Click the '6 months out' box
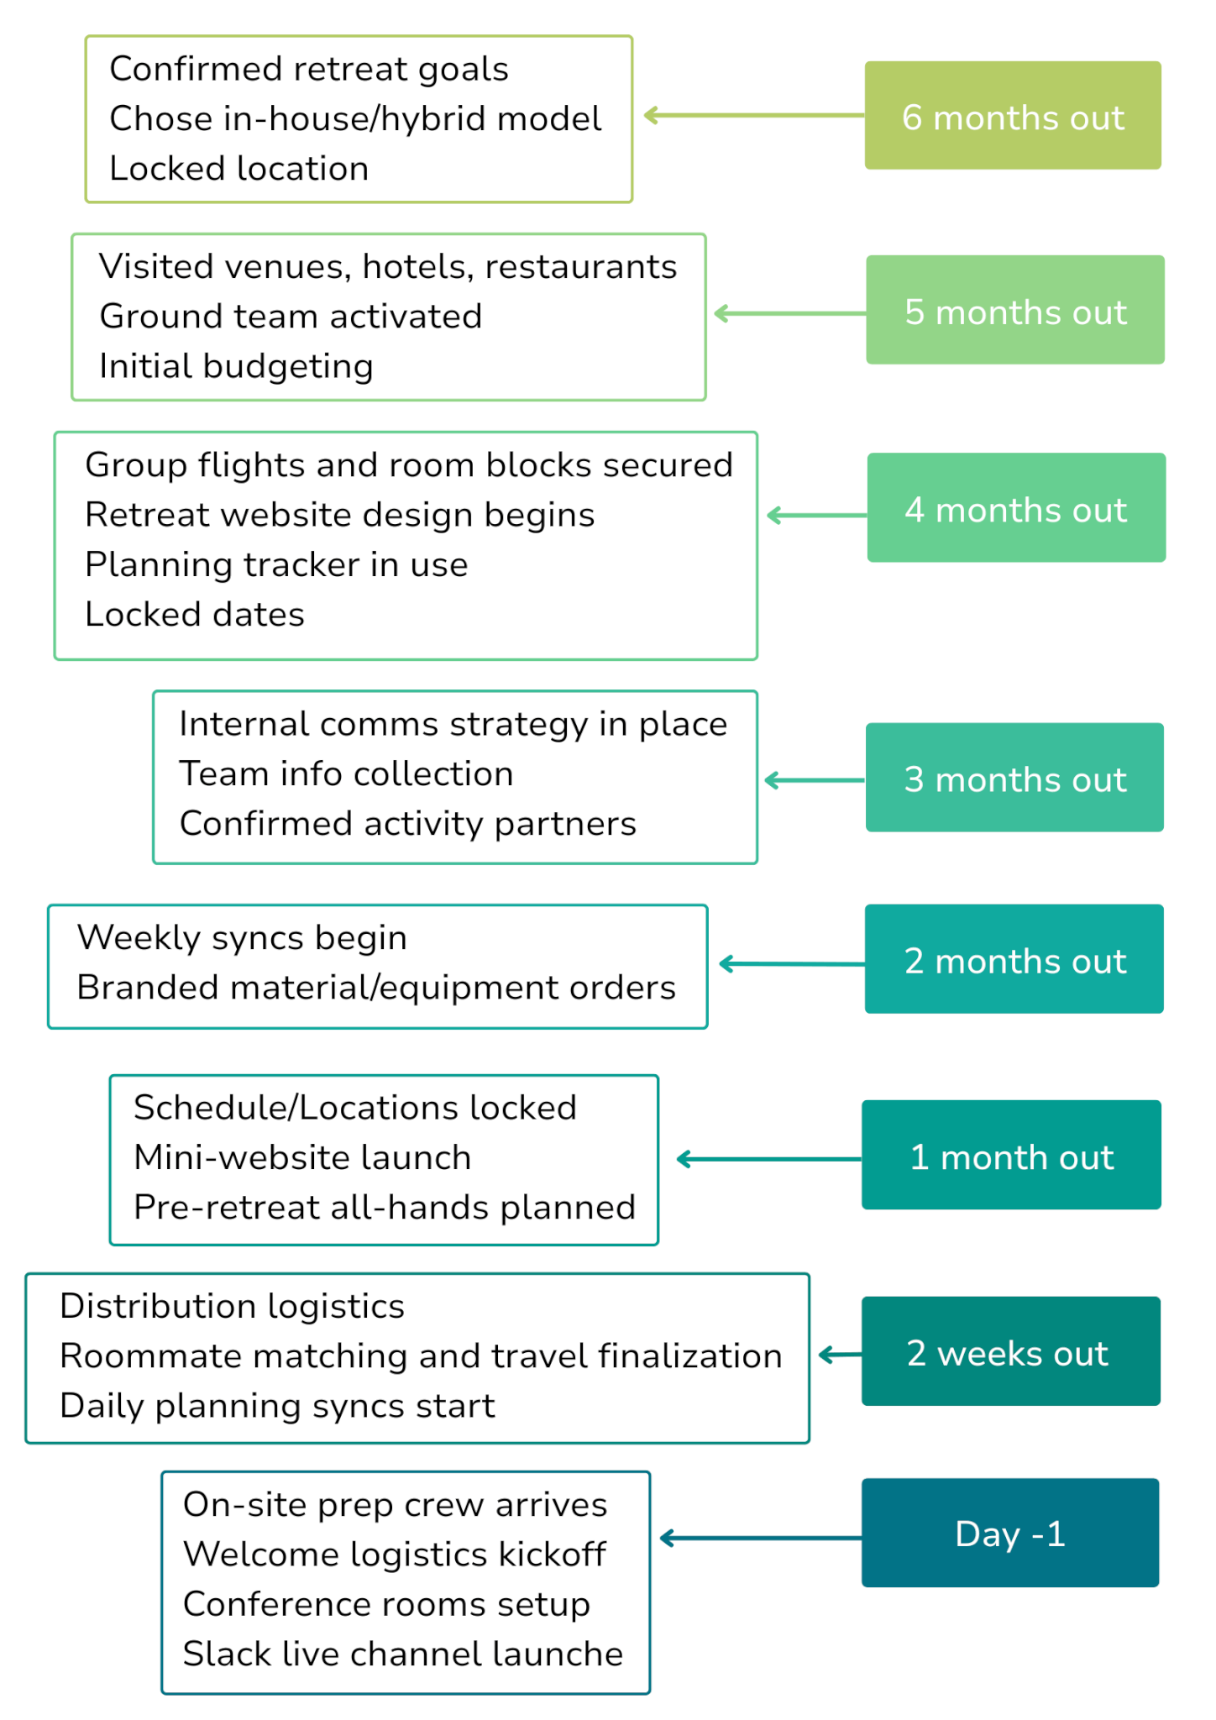pyautogui.click(x=1013, y=115)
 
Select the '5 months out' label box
pyautogui.click(x=1015, y=310)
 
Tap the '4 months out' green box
pyautogui.click(x=1016, y=507)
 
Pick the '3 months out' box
pyautogui.click(x=1014, y=778)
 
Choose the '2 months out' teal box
pyautogui.click(x=1014, y=959)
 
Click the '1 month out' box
pyautogui.click(x=1011, y=1155)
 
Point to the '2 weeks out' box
pyautogui.click(x=1011, y=1351)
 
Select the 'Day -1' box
pyautogui.click(x=1010, y=1533)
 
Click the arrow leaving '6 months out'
pyautogui.click(x=754, y=115)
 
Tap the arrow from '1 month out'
pyautogui.click(x=769, y=1160)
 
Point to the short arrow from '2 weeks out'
pyautogui.click(x=840, y=1354)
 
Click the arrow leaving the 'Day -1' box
pyautogui.click(x=761, y=1538)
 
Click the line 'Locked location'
pyautogui.click(x=239, y=169)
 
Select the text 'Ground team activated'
pyautogui.click(x=291, y=317)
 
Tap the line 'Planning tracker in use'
pyautogui.click(x=276, y=565)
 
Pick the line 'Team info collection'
pyautogui.click(x=346, y=773)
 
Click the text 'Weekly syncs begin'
pyautogui.click(x=242, y=938)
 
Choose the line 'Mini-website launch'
pyautogui.click(x=302, y=1157)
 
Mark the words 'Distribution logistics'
pyautogui.click(x=233, y=1307)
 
